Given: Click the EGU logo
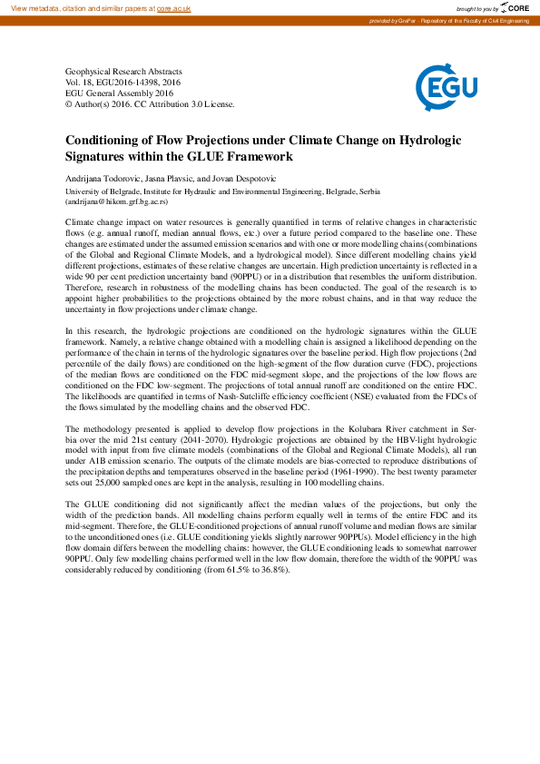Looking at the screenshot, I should (441, 87).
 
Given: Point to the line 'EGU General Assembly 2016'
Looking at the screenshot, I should (119, 93).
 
